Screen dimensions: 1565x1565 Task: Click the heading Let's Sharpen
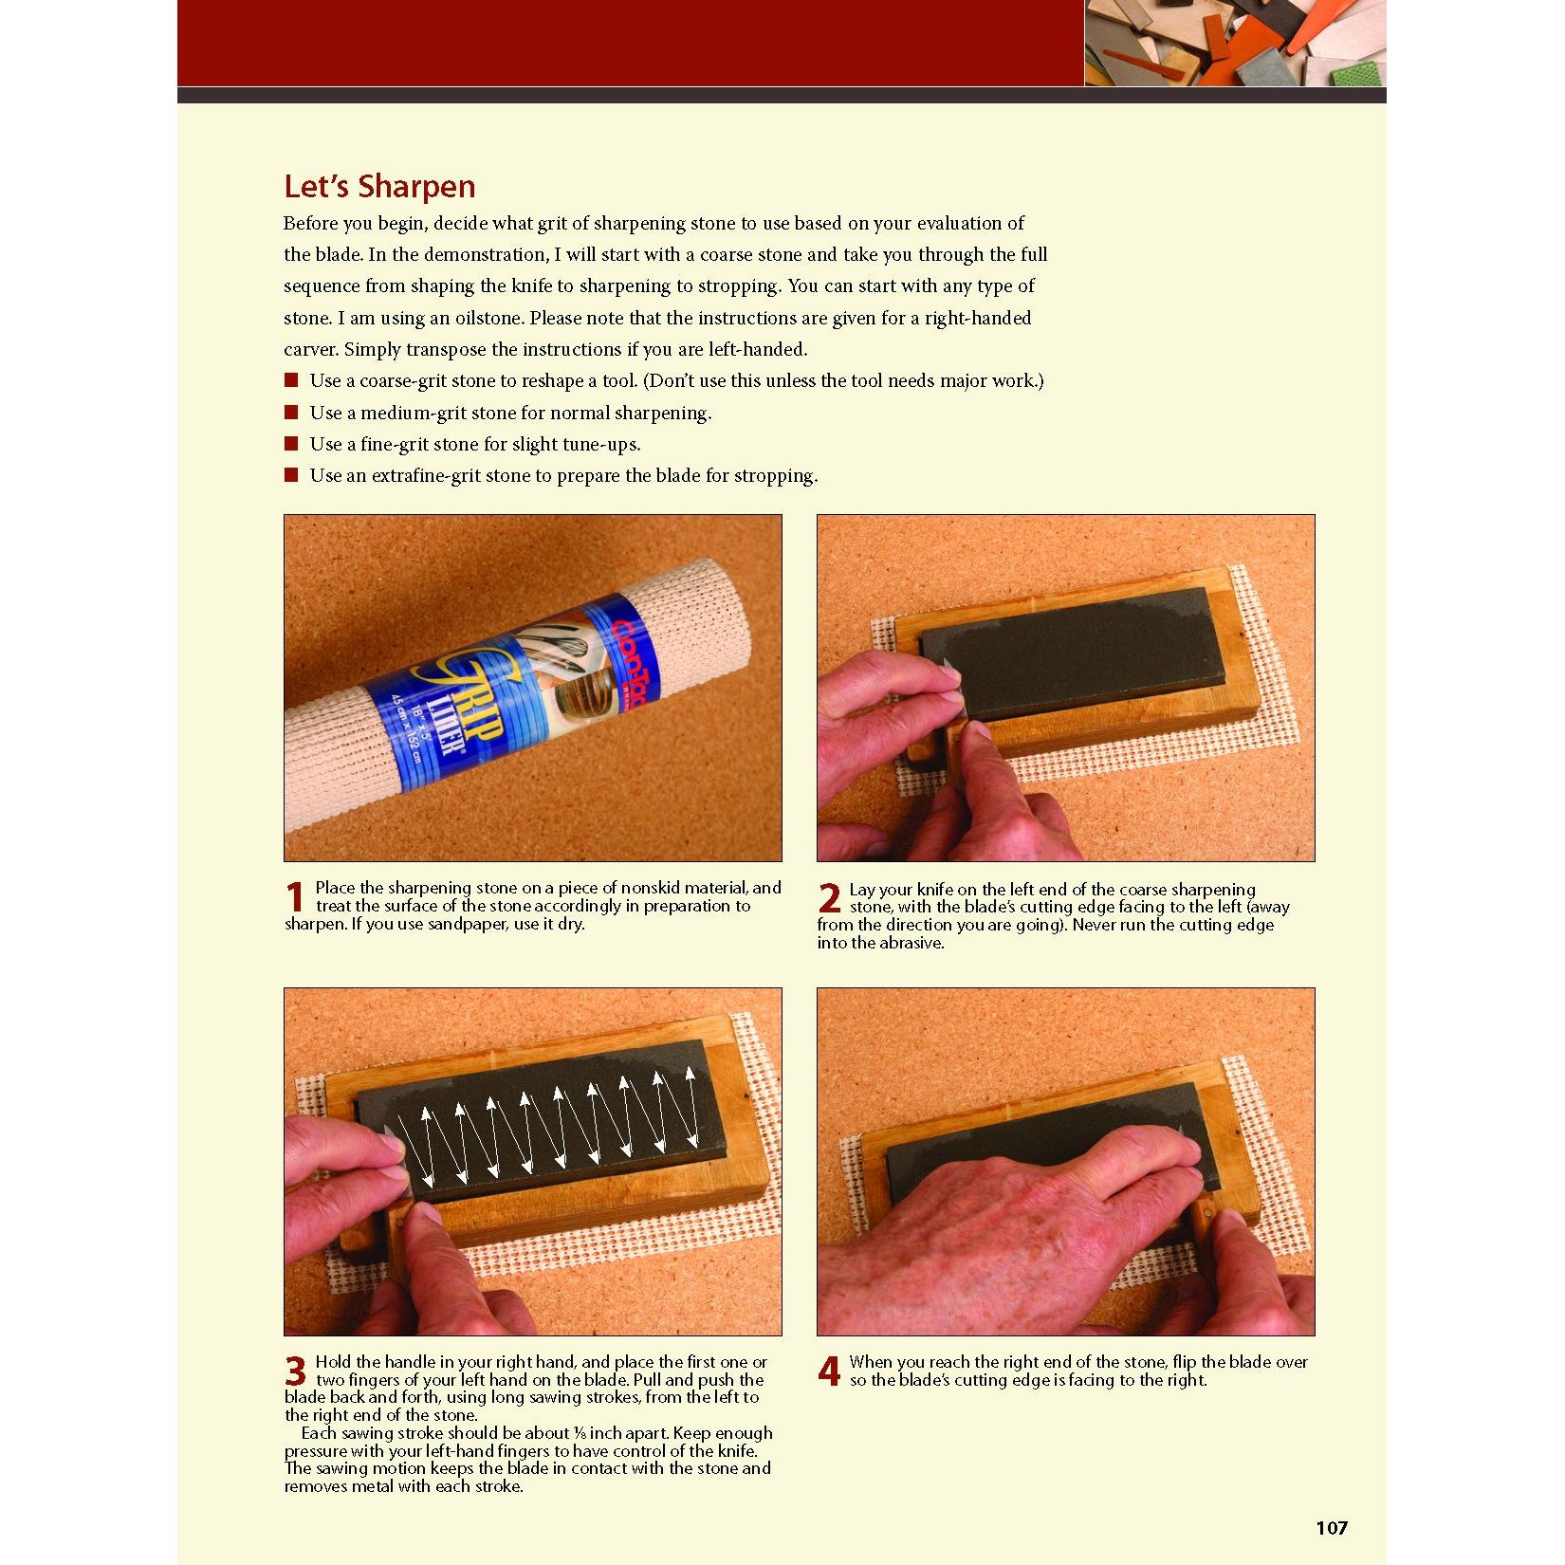[379, 186]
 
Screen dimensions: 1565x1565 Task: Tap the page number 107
[1332, 1528]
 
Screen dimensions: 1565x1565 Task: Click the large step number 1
[295, 898]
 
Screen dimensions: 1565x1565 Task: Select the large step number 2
[829, 899]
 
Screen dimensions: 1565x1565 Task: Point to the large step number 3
[296, 1372]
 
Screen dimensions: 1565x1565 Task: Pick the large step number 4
[829, 1372]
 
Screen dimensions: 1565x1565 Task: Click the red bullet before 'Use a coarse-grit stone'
[291, 381]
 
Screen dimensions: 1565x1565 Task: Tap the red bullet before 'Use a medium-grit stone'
[291, 413]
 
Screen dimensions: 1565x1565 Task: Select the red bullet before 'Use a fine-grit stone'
[291, 444]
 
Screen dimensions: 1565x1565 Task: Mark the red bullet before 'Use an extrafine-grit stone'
[291, 475]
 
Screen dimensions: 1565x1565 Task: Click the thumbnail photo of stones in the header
[1235, 43]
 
